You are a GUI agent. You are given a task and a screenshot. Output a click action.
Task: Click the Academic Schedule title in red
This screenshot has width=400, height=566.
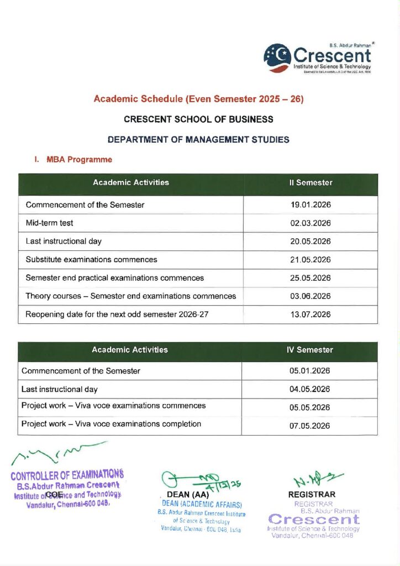pyautogui.click(x=198, y=99)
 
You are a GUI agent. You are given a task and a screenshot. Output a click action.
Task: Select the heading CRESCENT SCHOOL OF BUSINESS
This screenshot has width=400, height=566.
pyautogui.click(x=198, y=119)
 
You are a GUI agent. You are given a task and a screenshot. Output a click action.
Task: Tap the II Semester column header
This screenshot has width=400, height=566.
pyautogui.click(x=310, y=183)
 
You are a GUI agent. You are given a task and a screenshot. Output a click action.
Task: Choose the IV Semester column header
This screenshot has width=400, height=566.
pyautogui.click(x=311, y=350)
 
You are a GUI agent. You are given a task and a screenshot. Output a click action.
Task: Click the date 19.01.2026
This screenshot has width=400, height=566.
pyautogui.click(x=310, y=205)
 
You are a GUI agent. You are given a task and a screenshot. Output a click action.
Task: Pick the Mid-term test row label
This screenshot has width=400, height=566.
pyautogui.click(x=49, y=223)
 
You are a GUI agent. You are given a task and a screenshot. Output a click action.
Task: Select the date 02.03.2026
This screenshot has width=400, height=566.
pyautogui.click(x=310, y=223)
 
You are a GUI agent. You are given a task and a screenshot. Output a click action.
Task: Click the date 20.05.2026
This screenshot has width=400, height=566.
pyautogui.click(x=310, y=242)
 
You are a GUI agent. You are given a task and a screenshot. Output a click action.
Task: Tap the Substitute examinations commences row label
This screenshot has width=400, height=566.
pyautogui.click(x=91, y=259)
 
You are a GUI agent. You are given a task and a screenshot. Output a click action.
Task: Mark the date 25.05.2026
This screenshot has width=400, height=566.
pyautogui.click(x=310, y=278)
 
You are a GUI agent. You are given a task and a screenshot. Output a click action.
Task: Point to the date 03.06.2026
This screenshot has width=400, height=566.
pyautogui.click(x=310, y=296)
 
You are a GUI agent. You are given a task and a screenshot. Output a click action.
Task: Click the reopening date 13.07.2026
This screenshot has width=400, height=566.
pyautogui.click(x=310, y=315)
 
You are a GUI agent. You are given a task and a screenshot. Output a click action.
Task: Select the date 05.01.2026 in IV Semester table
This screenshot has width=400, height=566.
pyautogui.click(x=310, y=371)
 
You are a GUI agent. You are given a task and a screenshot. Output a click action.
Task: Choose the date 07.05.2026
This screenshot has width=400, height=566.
pyautogui.click(x=310, y=426)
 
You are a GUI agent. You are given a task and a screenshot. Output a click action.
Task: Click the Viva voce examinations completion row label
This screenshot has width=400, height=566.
pyautogui.click(x=111, y=424)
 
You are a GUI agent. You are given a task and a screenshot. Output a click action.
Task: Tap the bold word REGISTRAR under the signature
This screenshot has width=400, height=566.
pyautogui.click(x=312, y=495)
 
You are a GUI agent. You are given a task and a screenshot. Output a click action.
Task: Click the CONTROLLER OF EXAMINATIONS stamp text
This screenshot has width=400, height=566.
pyautogui.click(x=67, y=474)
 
